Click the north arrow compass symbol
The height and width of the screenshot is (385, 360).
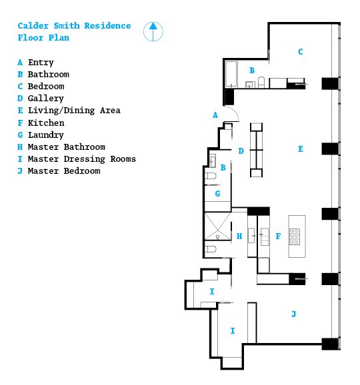pyautogui.click(x=153, y=32)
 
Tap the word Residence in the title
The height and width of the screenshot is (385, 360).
pyautogui.click(x=107, y=26)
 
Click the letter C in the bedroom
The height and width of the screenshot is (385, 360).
pyautogui.click(x=300, y=52)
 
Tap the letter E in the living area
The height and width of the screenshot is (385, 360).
pyautogui.click(x=300, y=149)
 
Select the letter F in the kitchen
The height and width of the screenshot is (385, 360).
pyautogui.click(x=278, y=236)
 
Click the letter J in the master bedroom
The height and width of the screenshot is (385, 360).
pyautogui.click(x=293, y=314)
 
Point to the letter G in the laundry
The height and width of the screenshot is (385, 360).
pyautogui.click(x=217, y=194)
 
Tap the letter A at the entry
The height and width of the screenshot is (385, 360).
pyautogui.click(x=215, y=115)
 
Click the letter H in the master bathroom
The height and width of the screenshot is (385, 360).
pyautogui.click(x=239, y=236)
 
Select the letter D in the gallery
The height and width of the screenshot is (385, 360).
pyautogui.click(x=241, y=151)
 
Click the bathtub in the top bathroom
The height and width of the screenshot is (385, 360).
pyautogui.click(x=231, y=74)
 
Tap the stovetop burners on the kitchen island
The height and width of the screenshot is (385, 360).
pyautogui.click(x=295, y=236)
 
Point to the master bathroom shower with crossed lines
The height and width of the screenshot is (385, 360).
pyautogui.click(x=218, y=226)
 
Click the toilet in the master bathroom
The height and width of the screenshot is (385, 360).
pyautogui.click(x=211, y=249)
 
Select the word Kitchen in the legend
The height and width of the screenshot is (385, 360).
pyautogui.click(x=46, y=123)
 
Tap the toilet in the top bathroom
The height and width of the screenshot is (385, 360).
pyautogui.click(x=261, y=82)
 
